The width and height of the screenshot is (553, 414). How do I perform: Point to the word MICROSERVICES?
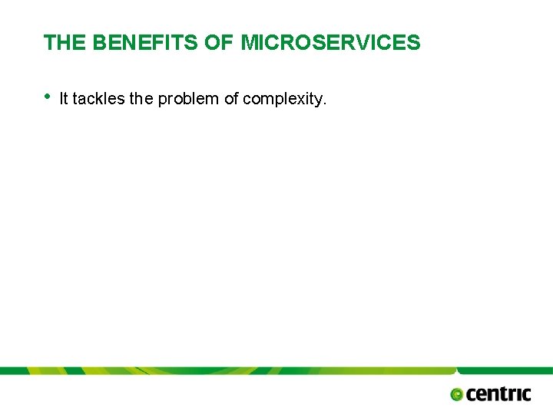coord(331,43)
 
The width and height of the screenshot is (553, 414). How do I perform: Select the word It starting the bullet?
coord(63,98)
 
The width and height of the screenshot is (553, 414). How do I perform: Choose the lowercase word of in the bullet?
coord(231,98)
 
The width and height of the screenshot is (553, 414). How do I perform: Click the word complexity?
coord(283,99)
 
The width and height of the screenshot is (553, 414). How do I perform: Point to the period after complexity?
coord(325,103)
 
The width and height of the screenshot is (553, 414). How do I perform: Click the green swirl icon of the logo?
coord(457,395)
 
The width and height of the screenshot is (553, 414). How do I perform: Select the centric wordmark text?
coord(498,394)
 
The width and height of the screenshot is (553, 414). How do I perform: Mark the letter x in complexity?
coord(303,99)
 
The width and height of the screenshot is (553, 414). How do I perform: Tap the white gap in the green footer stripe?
coord(460,371)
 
